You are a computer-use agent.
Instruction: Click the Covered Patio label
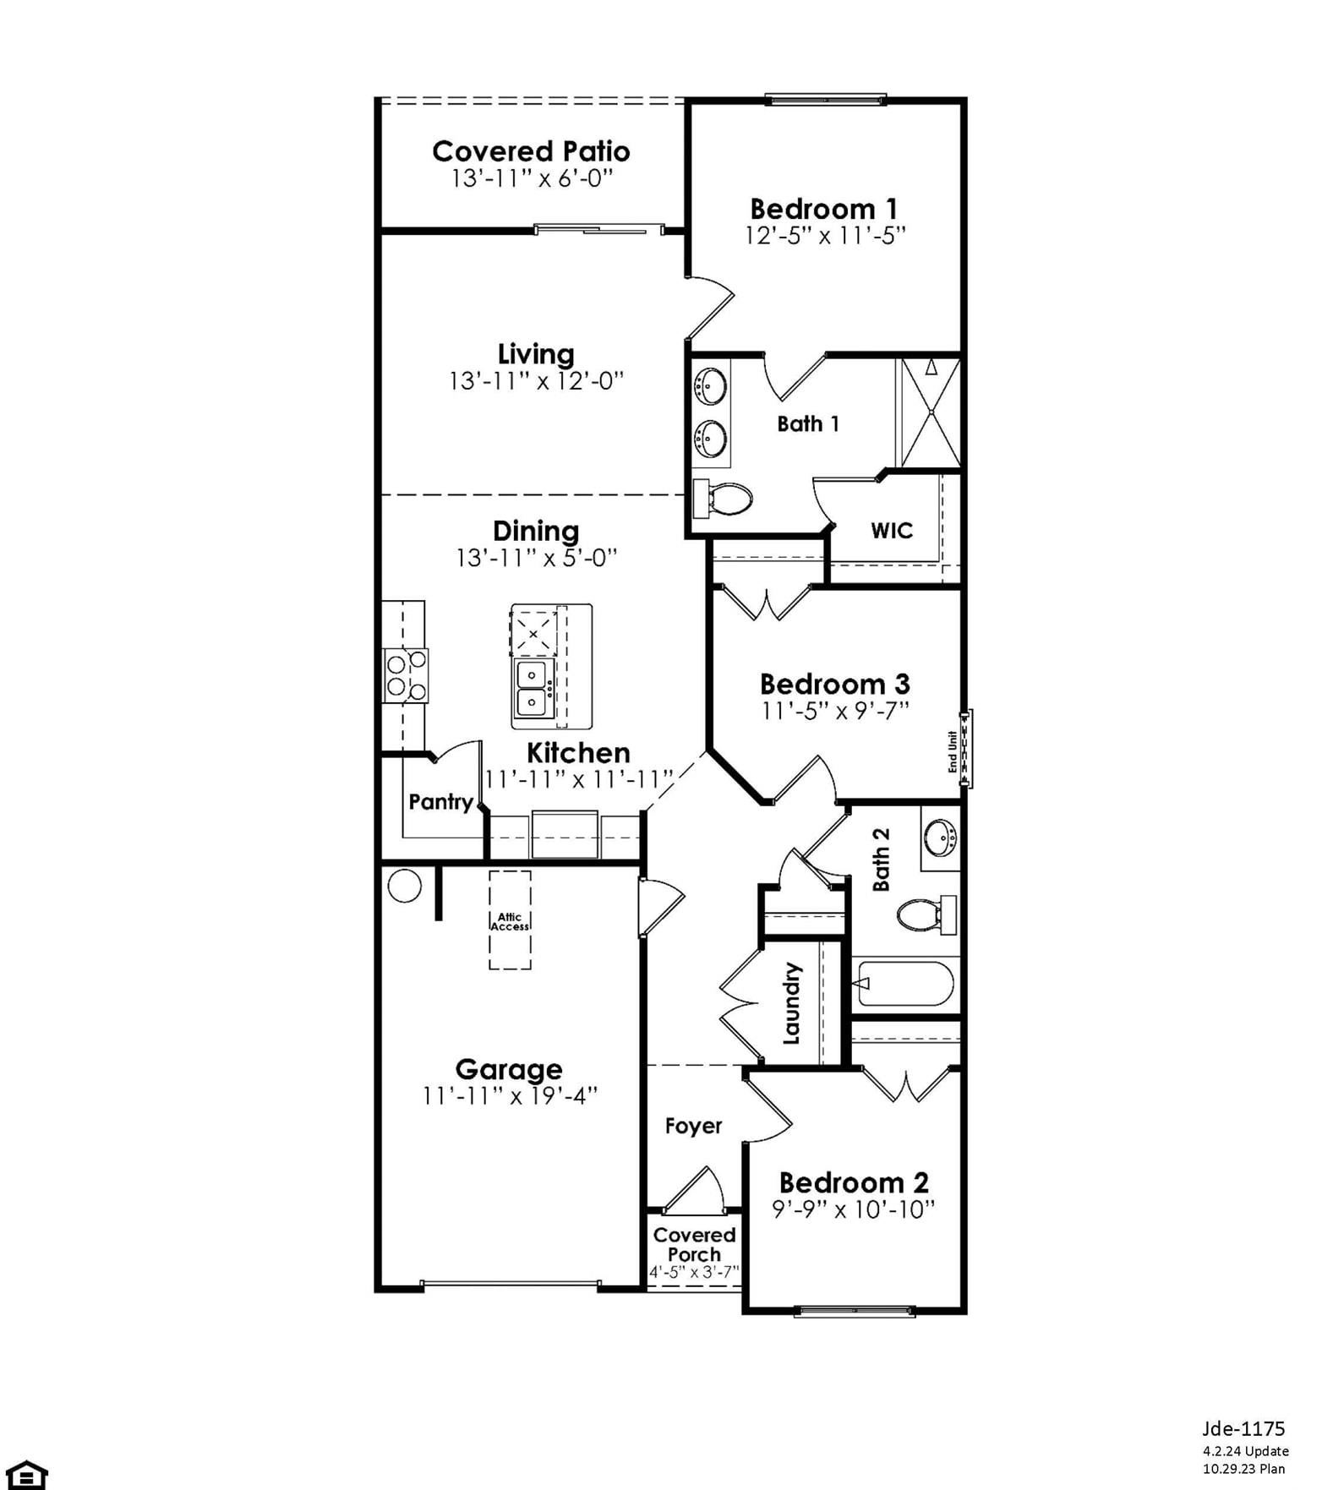click(531, 152)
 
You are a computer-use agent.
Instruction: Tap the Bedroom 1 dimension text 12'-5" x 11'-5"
click(825, 235)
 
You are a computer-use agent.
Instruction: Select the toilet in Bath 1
click(724, 499)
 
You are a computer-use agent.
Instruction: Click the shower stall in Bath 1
click(930, 412)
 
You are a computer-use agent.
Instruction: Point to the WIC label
click(892, 531)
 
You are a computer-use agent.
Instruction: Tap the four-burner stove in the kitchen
click(406, 675)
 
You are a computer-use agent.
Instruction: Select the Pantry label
click(440, 802)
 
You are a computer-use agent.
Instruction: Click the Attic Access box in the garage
click(510, 920)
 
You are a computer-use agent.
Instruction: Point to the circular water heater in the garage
click(404, 886)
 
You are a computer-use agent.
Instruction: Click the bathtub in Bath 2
click(904, 984)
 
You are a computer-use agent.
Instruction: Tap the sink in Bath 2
click(939, 838)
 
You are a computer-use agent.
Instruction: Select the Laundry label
click(791, 1003)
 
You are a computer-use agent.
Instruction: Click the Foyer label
click(693, 1126)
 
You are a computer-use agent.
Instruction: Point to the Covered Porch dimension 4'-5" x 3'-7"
click(694, 1272)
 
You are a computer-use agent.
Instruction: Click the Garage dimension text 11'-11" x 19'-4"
click(510, 1096)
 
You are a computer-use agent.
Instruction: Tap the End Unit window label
click(953, 751)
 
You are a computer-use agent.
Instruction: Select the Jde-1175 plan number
click(1243, 1428)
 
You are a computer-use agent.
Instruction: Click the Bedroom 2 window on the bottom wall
click(855, 1312)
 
